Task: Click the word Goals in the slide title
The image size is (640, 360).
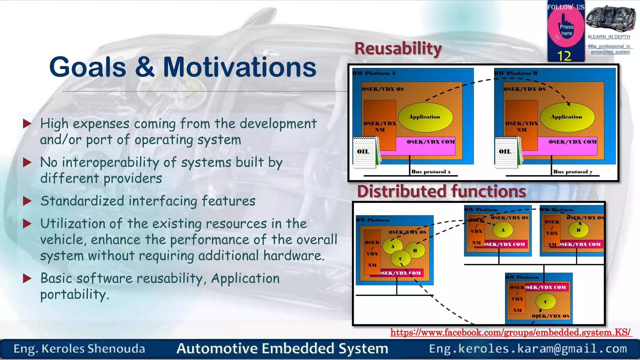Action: [87, 67]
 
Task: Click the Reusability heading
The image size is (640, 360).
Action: [397, 49]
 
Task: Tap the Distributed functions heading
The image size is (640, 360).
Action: [441, 191]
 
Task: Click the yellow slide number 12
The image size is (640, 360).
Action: [564, 56]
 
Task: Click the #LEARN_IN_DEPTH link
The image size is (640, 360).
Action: [609, 37]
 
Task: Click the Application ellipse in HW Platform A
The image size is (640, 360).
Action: [424, 117]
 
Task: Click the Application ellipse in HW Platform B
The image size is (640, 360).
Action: [567, 117]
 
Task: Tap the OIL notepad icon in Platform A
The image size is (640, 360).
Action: [364, 152]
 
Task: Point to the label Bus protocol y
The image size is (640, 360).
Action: [572, 172]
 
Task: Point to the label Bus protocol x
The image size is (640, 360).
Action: [431, 172]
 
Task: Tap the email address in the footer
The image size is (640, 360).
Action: [528, 349]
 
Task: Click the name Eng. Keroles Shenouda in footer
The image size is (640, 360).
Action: [79, 349]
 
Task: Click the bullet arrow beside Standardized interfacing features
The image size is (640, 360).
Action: [27, 201]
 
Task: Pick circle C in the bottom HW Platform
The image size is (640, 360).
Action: [546, 302]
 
